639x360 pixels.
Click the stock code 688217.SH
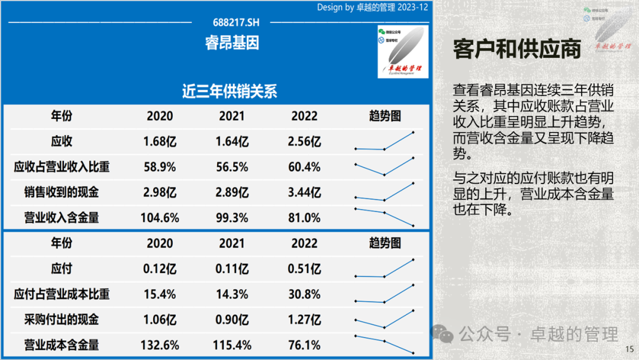click(236, 22)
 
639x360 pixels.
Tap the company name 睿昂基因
click(232, 43)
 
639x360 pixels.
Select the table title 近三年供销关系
click(230, 92)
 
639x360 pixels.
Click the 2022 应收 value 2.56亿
click(306, 142)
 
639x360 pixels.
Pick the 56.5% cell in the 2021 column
click(232, 167)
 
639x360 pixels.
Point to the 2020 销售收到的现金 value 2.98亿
click(160, 192)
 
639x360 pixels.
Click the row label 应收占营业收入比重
click(62, 167)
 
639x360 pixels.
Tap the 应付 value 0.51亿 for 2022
click(305, 269)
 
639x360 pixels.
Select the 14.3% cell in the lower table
click(232, 294)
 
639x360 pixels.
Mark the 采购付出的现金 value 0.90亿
click(232, 320)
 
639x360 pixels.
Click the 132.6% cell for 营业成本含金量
click(160, 345)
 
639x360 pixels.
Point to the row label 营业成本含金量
click(62, 345)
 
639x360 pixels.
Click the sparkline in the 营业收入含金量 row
click(384, 217)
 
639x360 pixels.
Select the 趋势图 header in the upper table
click(385, 116)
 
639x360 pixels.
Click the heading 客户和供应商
click(517, 49)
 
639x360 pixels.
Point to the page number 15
click(630, 349)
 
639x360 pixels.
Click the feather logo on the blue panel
click(402, 52)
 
